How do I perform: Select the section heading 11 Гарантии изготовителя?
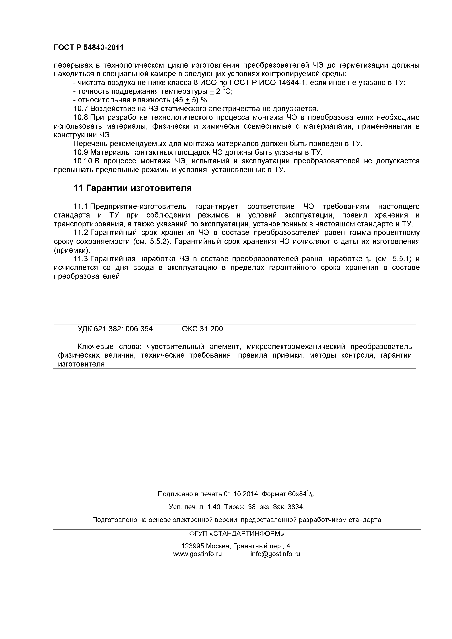coord(132,188)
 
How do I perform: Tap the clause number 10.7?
coord(81,109)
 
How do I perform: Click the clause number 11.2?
coord(81,233)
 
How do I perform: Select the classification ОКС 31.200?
coord(202,329)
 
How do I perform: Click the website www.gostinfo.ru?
coord(197,554)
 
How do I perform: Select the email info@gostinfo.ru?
coord(275,554)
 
